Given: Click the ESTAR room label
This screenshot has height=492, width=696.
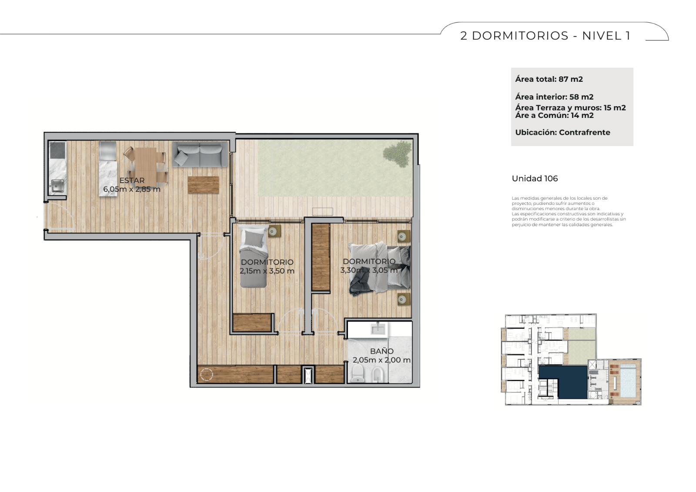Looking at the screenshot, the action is coord(132,180).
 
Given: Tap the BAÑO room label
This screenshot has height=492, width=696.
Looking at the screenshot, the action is coord(382,351).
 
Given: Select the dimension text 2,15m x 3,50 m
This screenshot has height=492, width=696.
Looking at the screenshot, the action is coord(267,271).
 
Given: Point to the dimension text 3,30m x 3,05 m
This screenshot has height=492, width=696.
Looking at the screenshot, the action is coord(369,270).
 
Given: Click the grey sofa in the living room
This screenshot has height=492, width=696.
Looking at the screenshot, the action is coord(200,154).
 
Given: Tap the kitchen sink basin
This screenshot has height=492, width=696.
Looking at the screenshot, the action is coord(57,186).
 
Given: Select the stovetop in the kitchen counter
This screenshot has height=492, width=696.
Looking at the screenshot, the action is coord(57,150).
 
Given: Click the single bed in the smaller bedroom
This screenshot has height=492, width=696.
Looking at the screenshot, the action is coord(253,257).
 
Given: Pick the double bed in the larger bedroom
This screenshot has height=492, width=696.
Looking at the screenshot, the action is coord(379,268).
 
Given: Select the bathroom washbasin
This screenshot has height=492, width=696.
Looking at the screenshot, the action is coord(378,328).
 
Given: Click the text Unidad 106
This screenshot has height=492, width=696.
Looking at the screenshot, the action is coord(535,178).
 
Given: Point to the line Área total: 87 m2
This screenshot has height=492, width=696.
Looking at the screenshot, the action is coord(549,79).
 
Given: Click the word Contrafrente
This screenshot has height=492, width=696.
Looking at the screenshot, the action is coord(585,132).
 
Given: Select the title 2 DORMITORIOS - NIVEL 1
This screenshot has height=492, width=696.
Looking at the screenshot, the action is coord(545,36).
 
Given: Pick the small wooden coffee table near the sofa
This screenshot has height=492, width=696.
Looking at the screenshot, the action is coord(203,185).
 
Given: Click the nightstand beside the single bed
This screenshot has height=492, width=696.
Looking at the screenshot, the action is coord(274,231).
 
